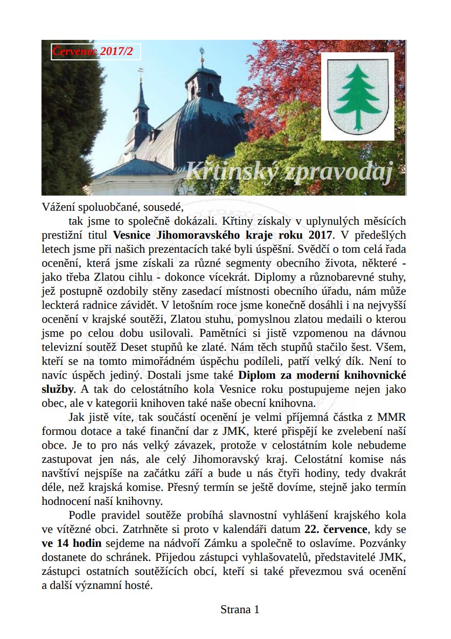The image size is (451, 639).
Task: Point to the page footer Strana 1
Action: coord(240,610)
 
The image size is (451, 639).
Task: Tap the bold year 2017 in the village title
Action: coord(321,235)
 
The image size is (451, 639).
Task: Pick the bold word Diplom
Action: coord(256,375)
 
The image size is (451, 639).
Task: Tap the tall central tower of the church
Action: coord(203,81)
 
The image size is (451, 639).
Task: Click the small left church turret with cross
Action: coord(141,105)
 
